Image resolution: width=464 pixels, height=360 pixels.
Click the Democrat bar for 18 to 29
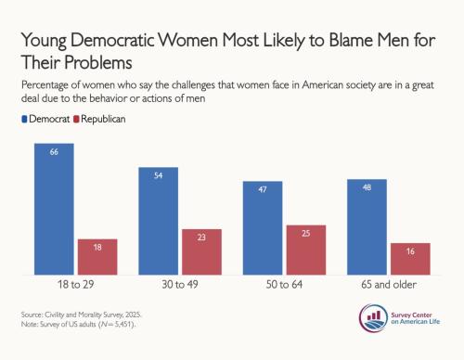click(x=54, y=209)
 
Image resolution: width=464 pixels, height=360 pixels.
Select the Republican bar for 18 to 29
click(x=97, y=257)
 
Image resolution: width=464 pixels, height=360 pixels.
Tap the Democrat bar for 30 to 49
click(x=159, y=221)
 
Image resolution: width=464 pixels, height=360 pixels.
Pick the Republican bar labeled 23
click(x=201, y=251)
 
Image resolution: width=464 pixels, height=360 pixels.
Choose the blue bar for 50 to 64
click(x=263, y=228)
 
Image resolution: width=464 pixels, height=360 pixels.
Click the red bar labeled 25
click(x=306, y=250)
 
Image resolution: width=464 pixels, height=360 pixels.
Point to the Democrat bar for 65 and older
click(x=367, y=226)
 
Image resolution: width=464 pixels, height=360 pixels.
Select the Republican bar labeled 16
click(x=410, y=259)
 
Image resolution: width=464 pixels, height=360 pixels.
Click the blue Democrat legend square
click(x=24, y=119)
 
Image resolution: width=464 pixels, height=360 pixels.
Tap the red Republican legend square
click(x=76, y=119)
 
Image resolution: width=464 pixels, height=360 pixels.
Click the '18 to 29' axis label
click(x=76, y=285)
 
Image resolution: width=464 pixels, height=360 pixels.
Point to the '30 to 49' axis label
click(x=180, y=285)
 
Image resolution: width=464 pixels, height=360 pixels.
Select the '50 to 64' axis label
click(x=284, y=285)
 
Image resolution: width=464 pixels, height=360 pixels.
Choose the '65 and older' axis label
click(x=389, y=285)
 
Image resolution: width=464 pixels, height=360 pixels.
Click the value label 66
click(x=54, y=152)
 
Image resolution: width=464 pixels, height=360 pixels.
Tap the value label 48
click(x=367, y=187)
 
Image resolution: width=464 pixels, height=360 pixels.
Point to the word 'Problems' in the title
click(x=98, y=63)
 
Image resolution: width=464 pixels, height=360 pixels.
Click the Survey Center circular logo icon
click(x=373, y=318)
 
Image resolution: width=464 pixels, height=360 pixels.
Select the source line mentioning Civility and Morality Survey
click(x=82, y=315)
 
